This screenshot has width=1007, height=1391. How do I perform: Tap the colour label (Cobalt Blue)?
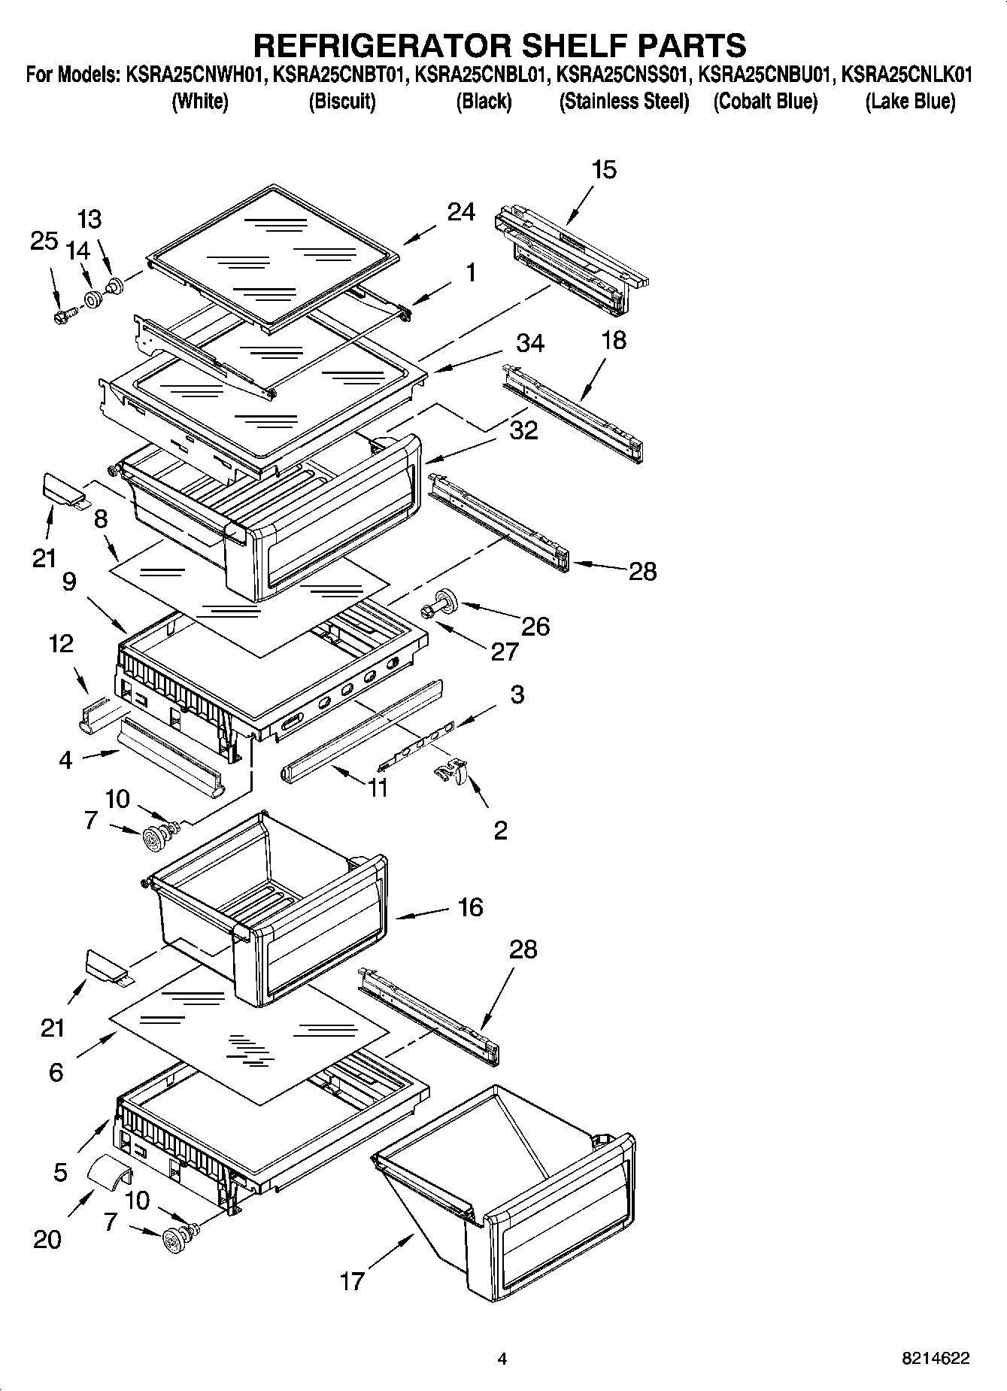(x=765, y=102)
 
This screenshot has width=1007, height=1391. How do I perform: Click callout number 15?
(x=604, y=169)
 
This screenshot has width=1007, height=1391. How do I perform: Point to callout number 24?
(x=460, y=213)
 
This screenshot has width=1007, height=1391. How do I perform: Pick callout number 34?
(x=529, y=343)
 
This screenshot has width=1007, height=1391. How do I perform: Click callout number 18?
(x=614, y=340)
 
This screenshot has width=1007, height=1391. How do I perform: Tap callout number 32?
(x=523, y=430)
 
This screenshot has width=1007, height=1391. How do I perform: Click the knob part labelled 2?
(x=451, y=772)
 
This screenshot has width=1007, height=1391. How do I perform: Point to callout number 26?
(x=535, y=626)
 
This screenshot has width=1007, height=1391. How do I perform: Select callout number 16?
(x=470, y=907)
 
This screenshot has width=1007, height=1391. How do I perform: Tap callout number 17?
(x=352, y=1280)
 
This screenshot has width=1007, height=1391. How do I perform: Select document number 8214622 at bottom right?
(x=936, y=1359)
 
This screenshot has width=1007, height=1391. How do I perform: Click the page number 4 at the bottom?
(x=502, y=1359)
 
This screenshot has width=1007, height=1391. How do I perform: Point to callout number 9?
(x=69, y=582)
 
